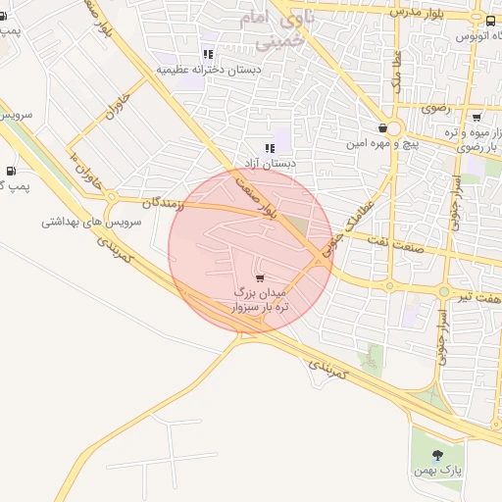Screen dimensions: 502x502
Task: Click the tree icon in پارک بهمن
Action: coord(437,454)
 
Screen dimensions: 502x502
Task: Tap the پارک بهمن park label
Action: coord(437,473)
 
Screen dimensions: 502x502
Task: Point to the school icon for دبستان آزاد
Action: coord(270,148)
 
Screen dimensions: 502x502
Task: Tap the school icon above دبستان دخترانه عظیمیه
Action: coord(207,54)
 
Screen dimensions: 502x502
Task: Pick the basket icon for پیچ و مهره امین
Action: coord(381,128)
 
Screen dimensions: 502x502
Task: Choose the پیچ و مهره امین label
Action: coord(381,144)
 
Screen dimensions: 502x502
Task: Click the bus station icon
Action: coord(489,19)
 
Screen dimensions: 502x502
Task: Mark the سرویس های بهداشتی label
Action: coord(91,222)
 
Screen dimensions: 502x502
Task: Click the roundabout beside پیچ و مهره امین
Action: coord(393,128)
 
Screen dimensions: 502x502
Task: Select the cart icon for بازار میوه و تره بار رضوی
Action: coord(476,115)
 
